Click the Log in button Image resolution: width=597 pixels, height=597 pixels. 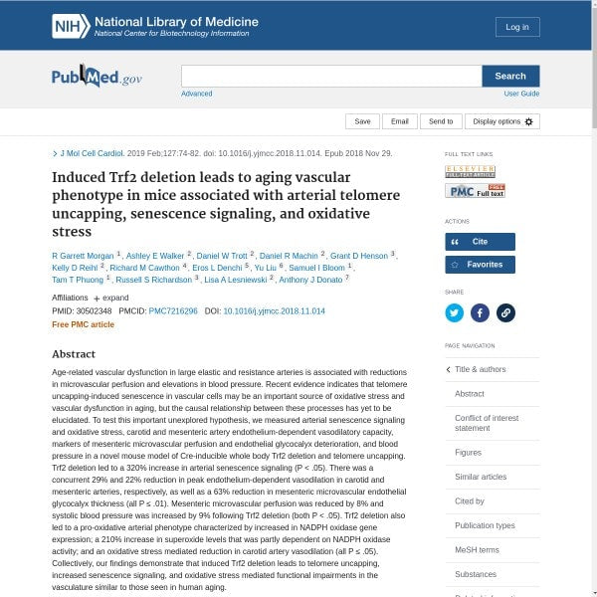[517, 27]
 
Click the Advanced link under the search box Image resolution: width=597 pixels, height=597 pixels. [196, 94]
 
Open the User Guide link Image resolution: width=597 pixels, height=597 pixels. [521, 94]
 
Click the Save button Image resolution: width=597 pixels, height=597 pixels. [362, 121]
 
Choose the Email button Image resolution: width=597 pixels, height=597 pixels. [399, 121]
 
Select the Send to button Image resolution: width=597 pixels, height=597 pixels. [441, 121]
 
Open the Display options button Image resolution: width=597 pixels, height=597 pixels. [502, 121]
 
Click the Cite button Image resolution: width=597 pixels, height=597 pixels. [480, 242]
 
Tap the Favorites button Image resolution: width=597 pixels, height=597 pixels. [480, 265]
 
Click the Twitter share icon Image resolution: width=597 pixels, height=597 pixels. [455, 312]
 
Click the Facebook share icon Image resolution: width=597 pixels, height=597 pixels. [480, 312]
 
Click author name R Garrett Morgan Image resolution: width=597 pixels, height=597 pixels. [83, 256]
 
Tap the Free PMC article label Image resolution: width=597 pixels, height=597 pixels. [83, 325]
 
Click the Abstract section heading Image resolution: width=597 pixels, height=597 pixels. [74, 354]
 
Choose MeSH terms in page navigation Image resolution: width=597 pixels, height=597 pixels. [477, 550]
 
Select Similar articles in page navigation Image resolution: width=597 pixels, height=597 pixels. [481, 478]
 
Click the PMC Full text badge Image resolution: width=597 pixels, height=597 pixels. [475, 190]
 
